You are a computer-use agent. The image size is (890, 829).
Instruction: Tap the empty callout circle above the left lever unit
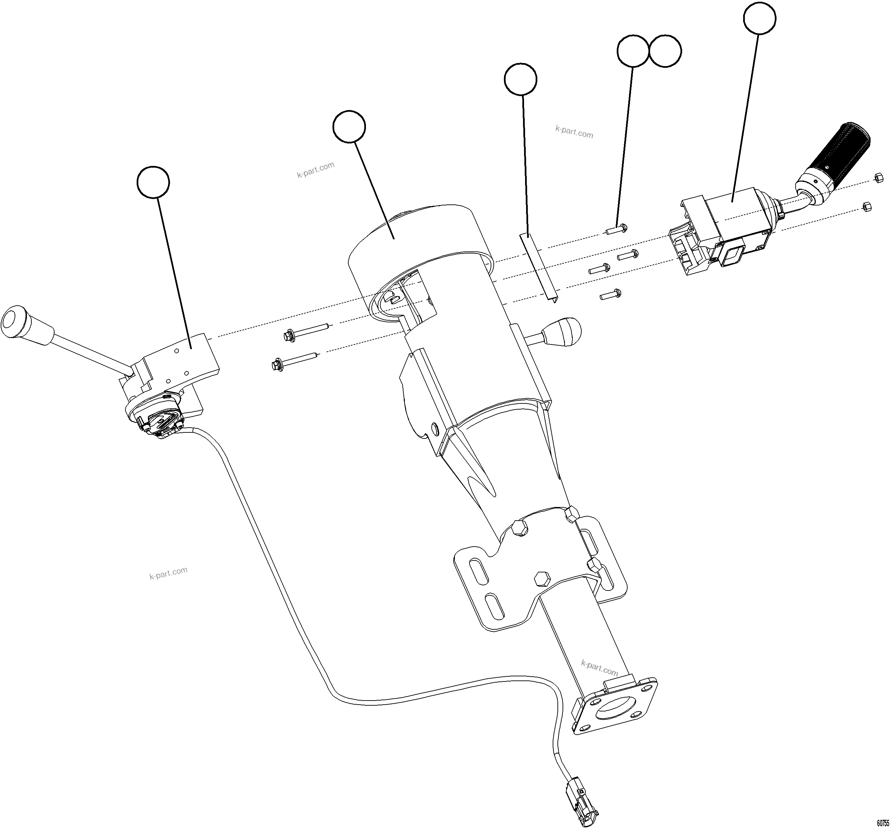click(153, 182)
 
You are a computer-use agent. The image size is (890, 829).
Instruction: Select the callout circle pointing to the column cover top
click(349, 127)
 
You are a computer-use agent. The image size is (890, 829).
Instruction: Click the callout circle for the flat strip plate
click(520, 79)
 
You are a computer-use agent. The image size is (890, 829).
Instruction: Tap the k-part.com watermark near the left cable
click(168, 573)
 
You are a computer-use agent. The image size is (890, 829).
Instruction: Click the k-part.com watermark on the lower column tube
click(599, 668)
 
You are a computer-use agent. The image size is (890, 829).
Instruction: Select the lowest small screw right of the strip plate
click(611, 294)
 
